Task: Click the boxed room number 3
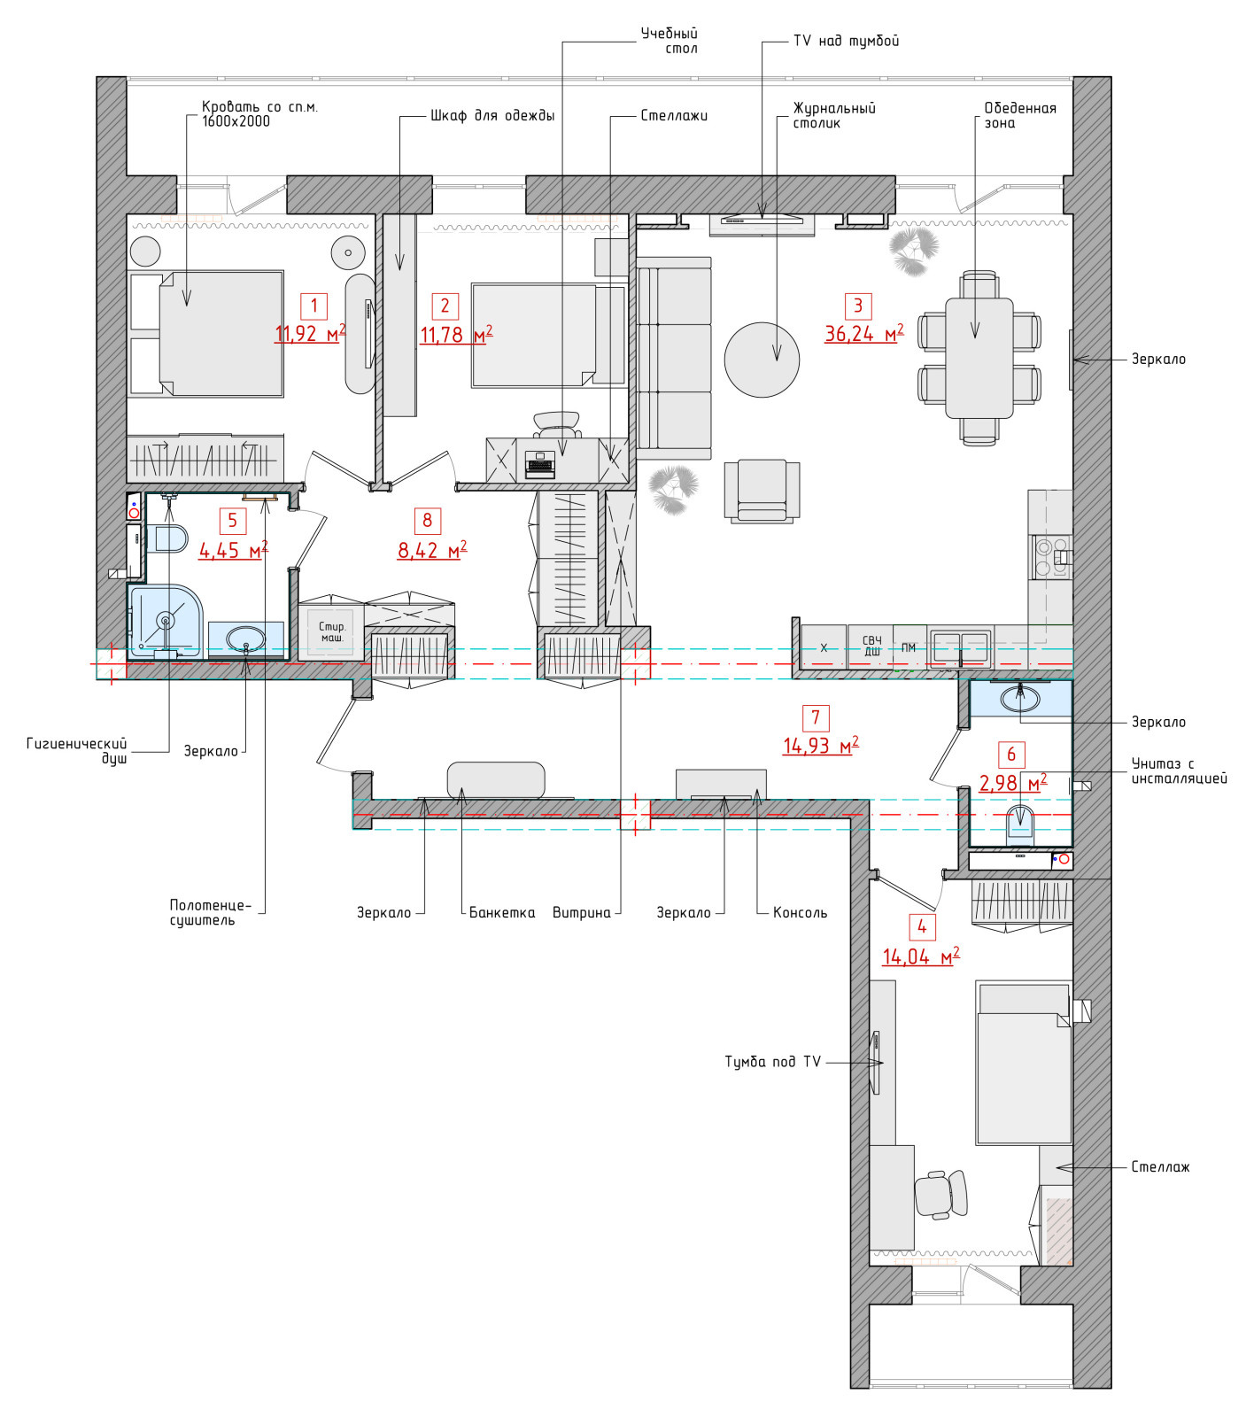(x=857, y=306)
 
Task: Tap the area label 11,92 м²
(x=310, y=334)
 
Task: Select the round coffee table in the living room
(x=762, y=360)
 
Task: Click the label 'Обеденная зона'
(x=1020, y=115)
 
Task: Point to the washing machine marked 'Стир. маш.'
(x=331, y=631)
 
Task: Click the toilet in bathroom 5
(x=166, y=538)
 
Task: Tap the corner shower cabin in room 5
(x=166, y=621)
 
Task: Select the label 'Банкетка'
(x=502, y=912)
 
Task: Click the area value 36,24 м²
(x=864, y=333)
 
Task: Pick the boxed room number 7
(x=816, y=717)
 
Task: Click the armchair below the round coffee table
(x=762, y=490)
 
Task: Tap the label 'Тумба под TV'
(x=773, y=1062)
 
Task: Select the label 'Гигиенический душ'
(x=77, y=751)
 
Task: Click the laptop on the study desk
(x=540, y=464)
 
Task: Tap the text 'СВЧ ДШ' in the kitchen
(x=872, y=646)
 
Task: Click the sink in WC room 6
(x=1020, y=698)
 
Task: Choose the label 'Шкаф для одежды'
(x=492, y=115)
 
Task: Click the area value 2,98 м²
(x=1012, y=783)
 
